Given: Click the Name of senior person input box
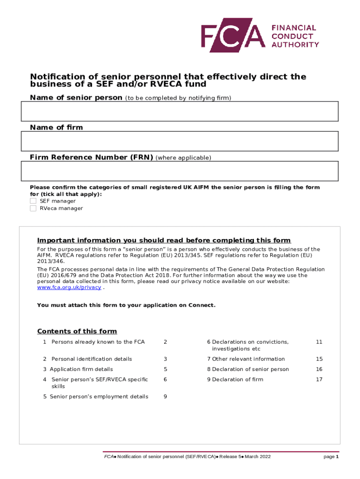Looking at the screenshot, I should [180, 111].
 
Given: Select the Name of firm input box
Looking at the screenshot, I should [180, 141].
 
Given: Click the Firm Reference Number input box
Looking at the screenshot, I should [180, 171].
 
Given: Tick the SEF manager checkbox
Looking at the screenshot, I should [33, 201].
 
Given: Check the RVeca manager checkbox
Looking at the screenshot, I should [33, 208].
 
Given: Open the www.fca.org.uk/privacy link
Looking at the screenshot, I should [69, 288].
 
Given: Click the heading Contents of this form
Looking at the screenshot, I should [77, 331].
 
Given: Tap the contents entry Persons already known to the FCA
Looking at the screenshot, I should [98, 342].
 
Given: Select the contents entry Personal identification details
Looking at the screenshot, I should [92, 359].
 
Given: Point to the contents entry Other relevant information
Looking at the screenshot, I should [248, 359].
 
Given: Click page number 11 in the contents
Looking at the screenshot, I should [319, 342].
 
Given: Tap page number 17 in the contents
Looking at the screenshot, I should [319, 379].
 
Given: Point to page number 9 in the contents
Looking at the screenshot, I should [165, 397].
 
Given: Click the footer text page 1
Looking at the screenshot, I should [331, 457].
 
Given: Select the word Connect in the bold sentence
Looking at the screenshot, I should [202, 305].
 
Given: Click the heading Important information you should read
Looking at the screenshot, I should [164, 240].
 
